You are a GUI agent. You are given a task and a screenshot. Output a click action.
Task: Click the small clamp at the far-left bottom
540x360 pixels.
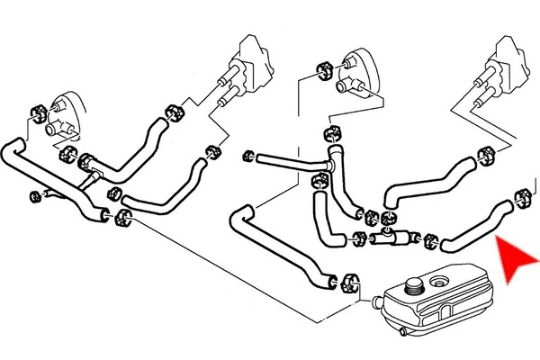pyautogui.click(x=34, y=194)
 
